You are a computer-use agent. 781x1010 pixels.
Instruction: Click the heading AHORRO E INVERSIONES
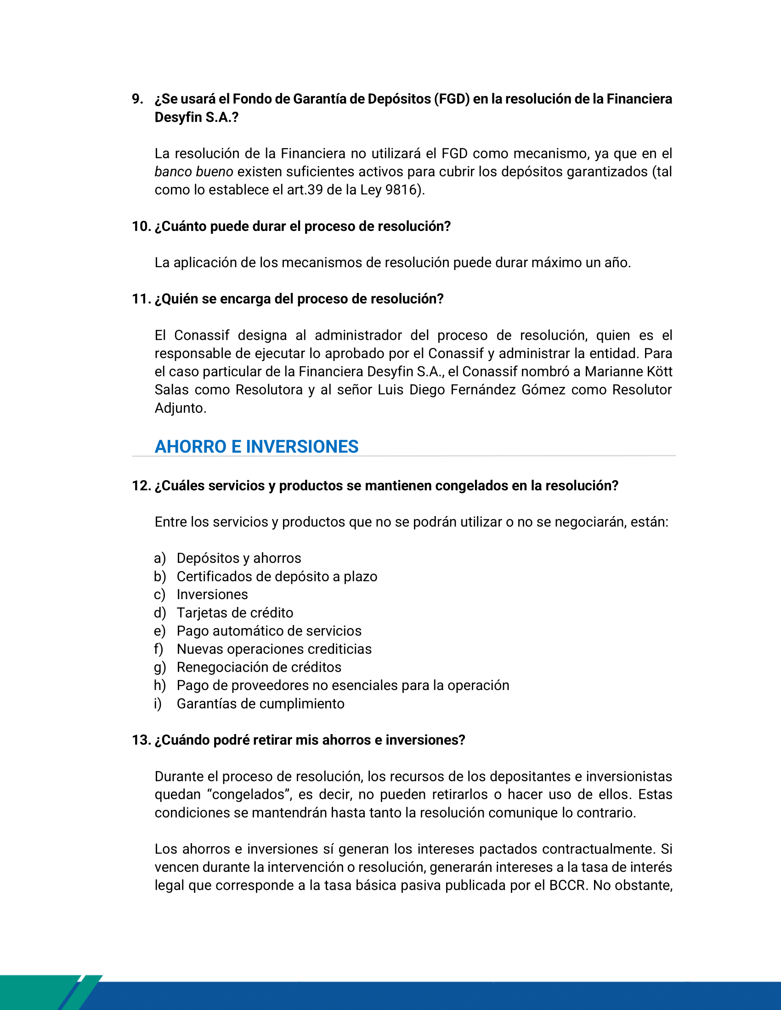pos(256,447)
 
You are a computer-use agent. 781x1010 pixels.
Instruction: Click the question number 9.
pos(137,99)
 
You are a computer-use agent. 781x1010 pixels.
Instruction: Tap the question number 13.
pos(141,740)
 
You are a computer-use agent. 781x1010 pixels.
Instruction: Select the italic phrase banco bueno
pos(193,172)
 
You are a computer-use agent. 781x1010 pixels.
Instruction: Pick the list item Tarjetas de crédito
pos(235,613)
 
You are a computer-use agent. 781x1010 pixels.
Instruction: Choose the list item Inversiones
pos(212,594)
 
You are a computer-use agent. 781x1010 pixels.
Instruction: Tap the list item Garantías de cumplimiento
pos(260,703)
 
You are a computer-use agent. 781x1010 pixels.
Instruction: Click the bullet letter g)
pos(159,668)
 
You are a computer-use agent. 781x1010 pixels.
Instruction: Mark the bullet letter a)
pos(159,558)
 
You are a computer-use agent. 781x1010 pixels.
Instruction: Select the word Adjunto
pos(180,408)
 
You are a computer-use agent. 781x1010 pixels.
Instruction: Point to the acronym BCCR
pos(569,885)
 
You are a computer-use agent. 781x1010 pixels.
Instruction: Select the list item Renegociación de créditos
pos(259,668)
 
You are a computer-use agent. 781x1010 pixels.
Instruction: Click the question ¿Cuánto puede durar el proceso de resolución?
pos(303,227)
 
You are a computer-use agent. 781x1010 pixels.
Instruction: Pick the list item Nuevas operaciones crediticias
pos(274,649)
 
